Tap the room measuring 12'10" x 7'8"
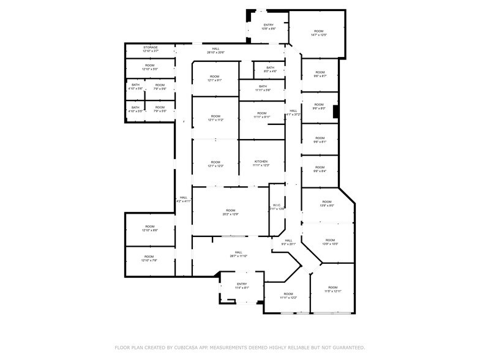[149, 258]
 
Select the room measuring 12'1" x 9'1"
[215, 78]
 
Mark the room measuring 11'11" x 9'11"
[261, 115]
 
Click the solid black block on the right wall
[336, 111]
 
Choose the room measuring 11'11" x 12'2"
[288, 296]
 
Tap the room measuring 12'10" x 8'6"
[149, 228]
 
